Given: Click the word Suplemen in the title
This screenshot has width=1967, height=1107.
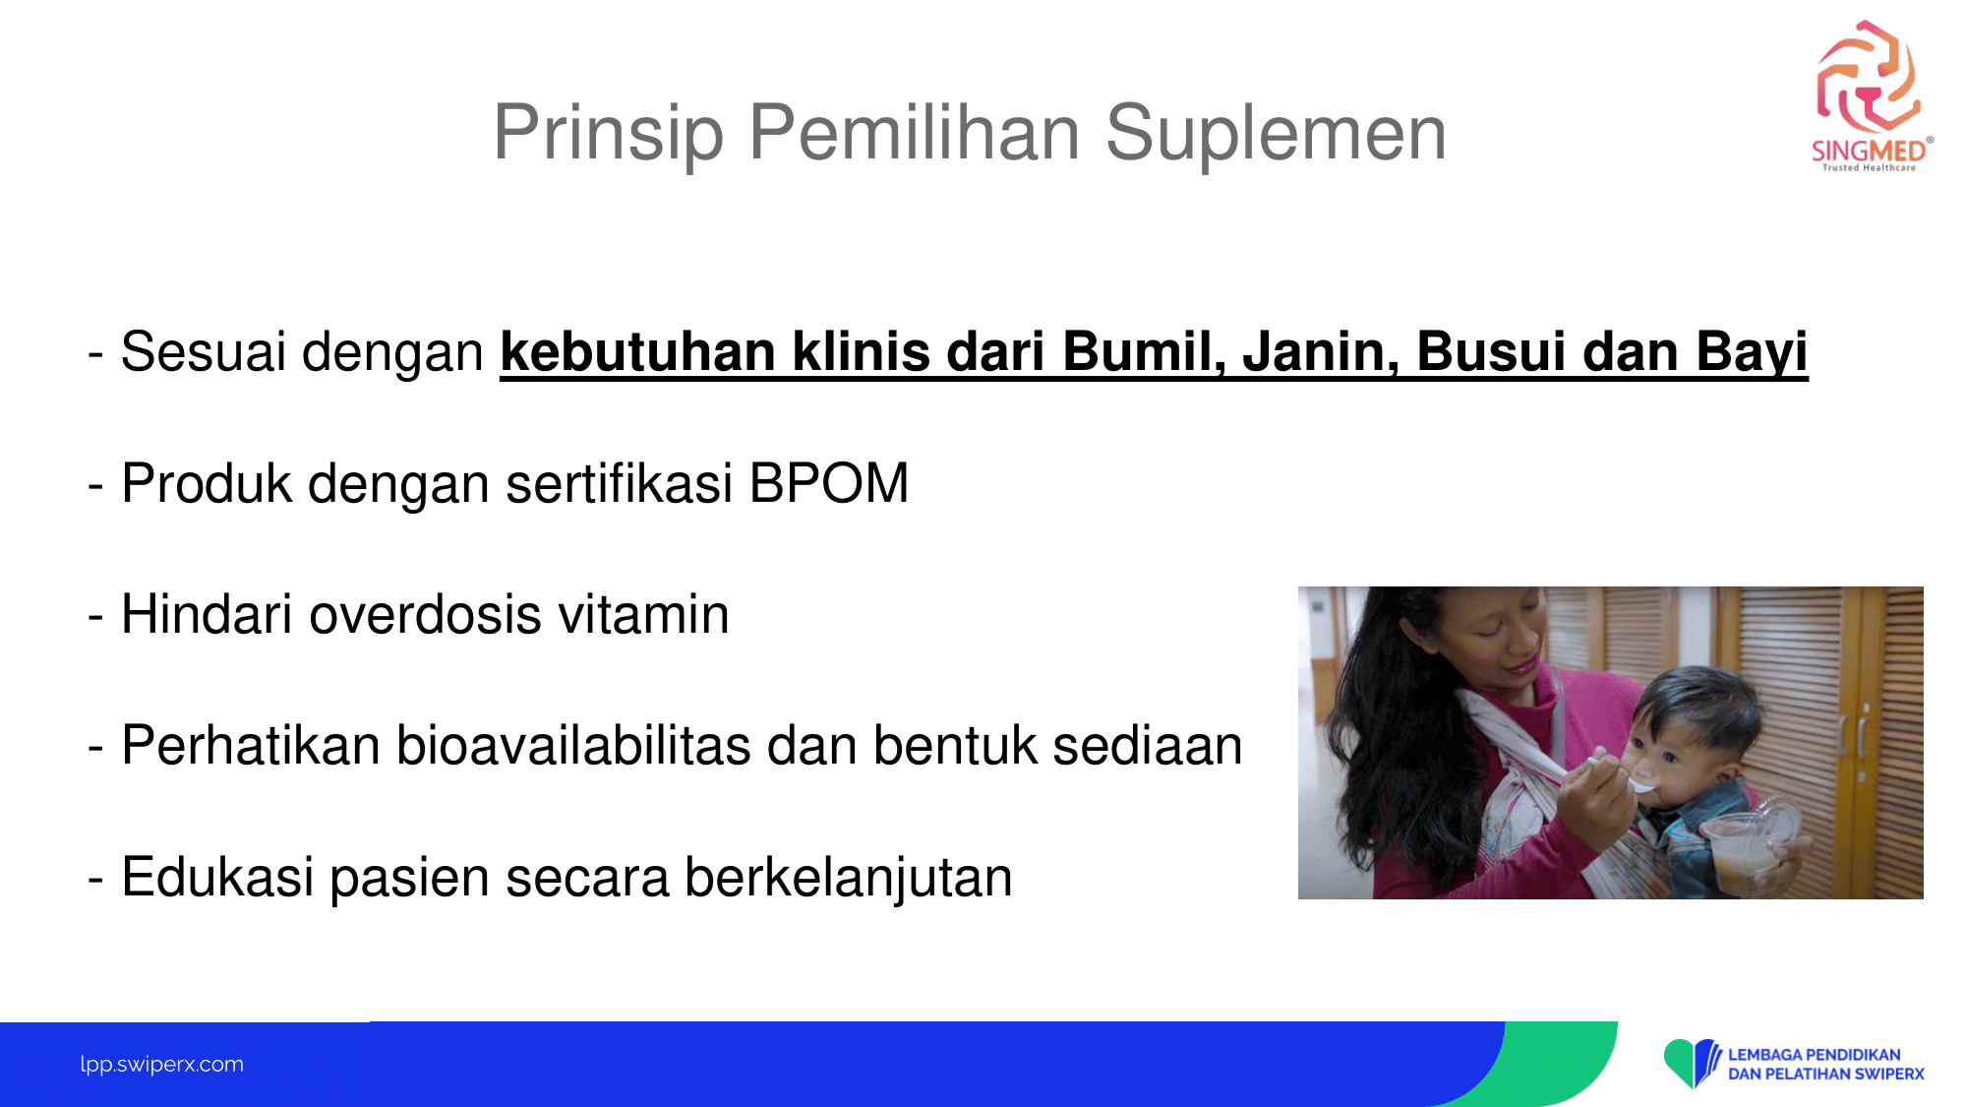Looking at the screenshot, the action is (x=1276, y=134).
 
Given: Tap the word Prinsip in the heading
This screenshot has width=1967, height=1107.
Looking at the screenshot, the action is (x=609, y=134).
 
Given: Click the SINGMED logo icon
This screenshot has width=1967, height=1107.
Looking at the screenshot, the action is (x=1869, y=77).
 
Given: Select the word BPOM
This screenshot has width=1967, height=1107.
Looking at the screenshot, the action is (x=829, y=483).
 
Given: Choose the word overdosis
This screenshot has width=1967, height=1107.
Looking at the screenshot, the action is (x=426, y=614).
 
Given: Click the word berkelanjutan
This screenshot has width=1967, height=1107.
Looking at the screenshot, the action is (x=848, y=878).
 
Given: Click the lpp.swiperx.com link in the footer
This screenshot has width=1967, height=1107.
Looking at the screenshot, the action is (x=162, y=1065).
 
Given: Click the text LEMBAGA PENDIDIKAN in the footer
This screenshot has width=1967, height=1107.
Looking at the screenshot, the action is (x=1815, y=1055).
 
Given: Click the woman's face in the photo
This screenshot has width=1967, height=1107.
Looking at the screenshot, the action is (x=1495, y=645).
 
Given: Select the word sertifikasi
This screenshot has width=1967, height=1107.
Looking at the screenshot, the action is (x=620, y=483).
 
